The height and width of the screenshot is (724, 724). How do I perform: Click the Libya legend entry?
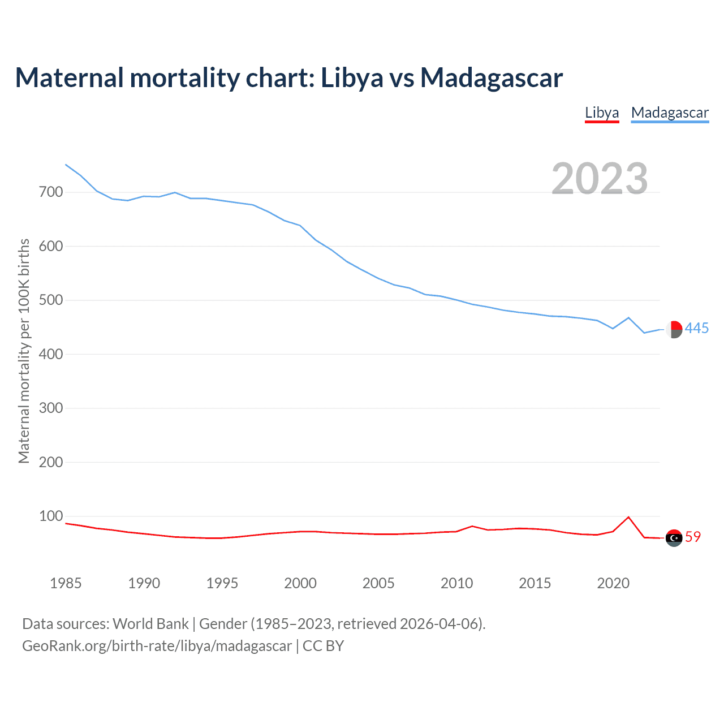602,113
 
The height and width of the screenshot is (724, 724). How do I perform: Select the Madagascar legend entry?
670,113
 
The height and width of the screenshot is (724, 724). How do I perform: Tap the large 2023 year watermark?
600,179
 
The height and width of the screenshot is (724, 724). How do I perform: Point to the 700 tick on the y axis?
50,192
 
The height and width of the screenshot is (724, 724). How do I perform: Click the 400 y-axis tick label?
50,354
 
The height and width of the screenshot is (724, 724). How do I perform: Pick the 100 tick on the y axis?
50,516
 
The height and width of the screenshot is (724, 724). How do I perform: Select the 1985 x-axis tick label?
66,583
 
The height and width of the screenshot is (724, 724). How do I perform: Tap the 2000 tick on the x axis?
300,583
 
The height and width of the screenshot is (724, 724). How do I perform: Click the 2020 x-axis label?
613,583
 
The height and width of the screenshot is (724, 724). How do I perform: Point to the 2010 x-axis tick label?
456,583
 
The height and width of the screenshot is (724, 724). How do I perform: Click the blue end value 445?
697,328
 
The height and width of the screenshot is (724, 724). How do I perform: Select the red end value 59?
693,537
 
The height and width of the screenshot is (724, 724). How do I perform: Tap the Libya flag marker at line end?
674,538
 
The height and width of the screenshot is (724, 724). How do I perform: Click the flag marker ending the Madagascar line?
674,329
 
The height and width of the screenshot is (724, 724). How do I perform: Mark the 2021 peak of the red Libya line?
628,517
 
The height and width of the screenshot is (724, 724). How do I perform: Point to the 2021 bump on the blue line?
628,318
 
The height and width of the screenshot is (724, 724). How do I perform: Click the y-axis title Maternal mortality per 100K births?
24,351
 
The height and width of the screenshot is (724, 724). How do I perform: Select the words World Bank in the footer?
150,624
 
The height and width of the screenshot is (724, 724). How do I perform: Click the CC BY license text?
323,646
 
